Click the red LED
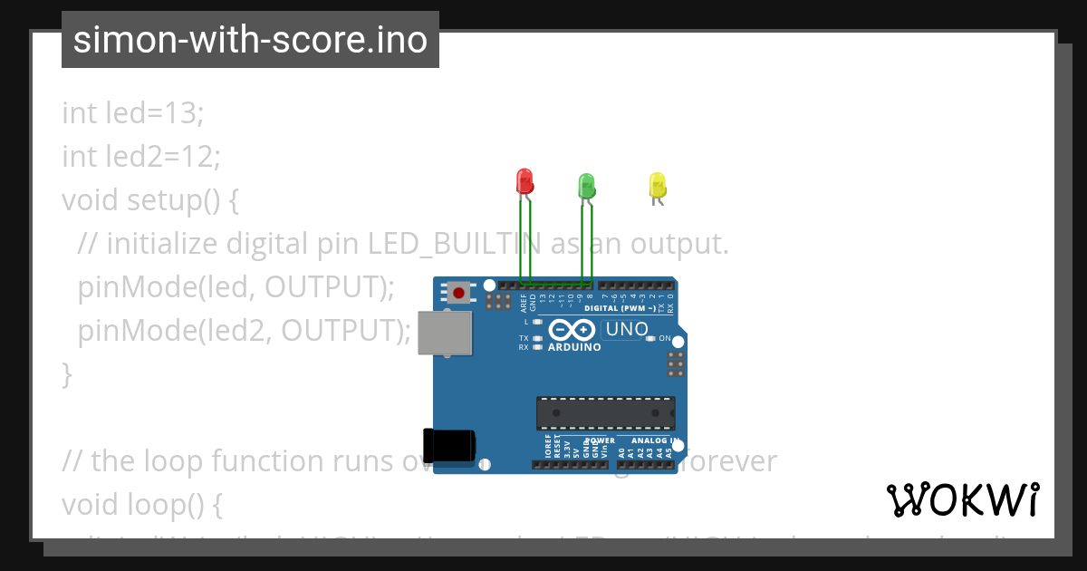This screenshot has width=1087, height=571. [x=524, y=181]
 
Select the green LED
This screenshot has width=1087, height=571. [x=586, y=186]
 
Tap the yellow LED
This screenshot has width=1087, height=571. [x=658, y=186]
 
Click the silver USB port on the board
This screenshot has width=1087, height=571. [x=445, y=333]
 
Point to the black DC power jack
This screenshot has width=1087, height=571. [x=449, y=444]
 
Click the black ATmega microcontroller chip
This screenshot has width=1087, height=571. [x=605, y=412]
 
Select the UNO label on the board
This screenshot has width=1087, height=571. [x=626, y=330]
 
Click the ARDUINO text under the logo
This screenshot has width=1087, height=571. [x=574, y=347]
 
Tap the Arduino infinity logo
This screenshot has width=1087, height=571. [x=572, y=330]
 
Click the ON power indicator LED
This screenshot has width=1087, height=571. [x=650, y=338]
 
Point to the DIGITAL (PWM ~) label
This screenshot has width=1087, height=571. [x=620, y=308]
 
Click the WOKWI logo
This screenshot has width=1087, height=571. [x=963, y=499]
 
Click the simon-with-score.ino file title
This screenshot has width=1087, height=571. [x=250, y=40]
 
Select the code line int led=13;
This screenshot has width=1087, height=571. [x=133, y=113]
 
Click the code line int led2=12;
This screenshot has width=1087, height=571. [x=141, y=157]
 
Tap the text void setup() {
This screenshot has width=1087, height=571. [x=150, y=199]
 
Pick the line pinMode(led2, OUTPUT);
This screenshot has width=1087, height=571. [x=245, y=331]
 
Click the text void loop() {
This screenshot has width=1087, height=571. [x=142, y=503]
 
